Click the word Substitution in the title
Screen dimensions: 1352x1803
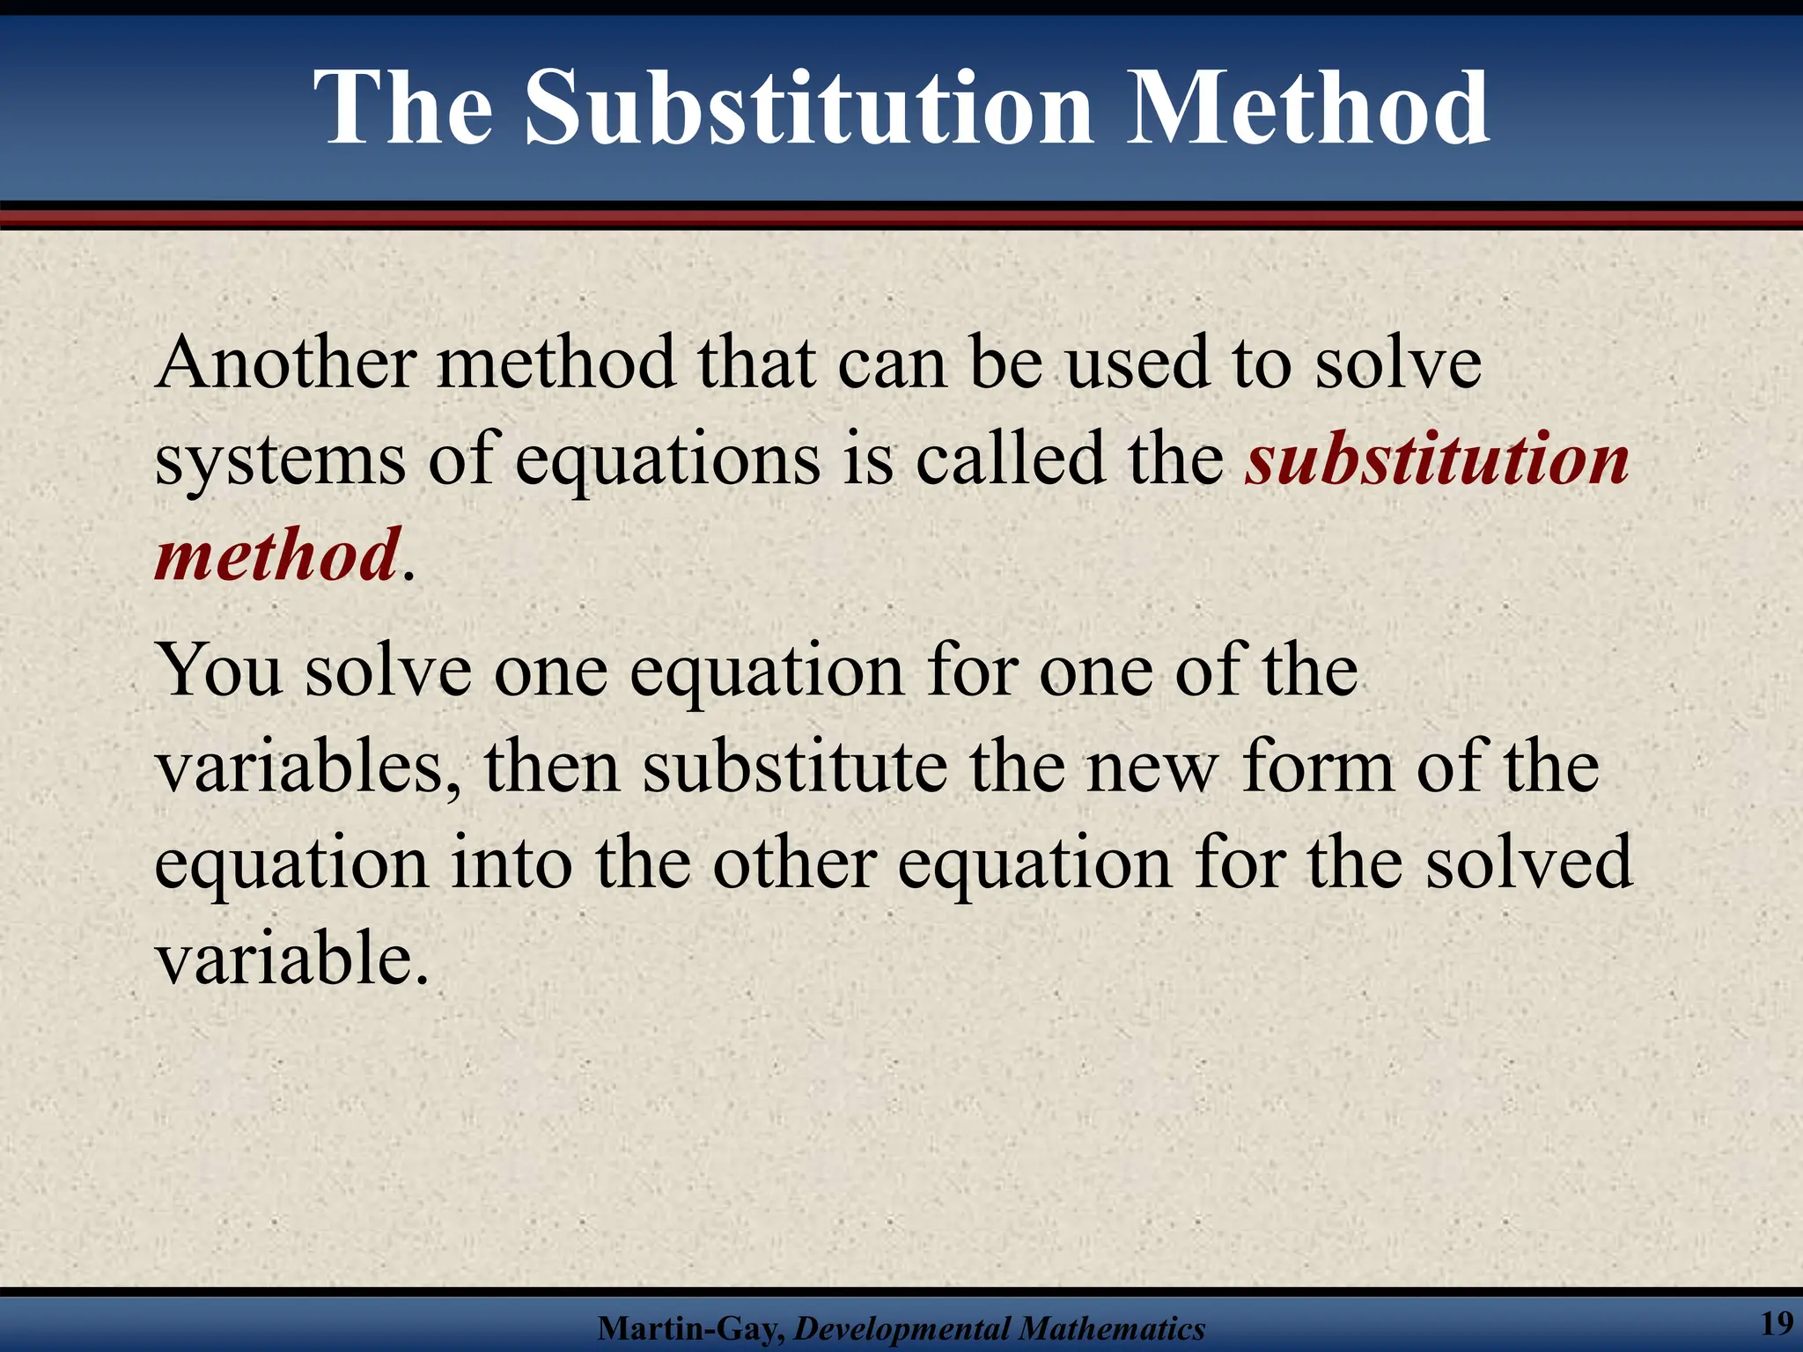(x=809, y=110)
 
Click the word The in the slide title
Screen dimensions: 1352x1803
(x=404, y=110)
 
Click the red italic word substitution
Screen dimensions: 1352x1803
(x=1437, y=460)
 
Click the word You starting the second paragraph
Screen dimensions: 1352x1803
(x=219, y=671)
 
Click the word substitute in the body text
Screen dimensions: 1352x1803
(x=794, y=767)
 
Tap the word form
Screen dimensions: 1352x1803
(x=1318, y=767)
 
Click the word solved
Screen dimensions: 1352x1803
(x=1529, y=863)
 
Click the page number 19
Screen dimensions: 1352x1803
(x=1776, y=1323)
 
